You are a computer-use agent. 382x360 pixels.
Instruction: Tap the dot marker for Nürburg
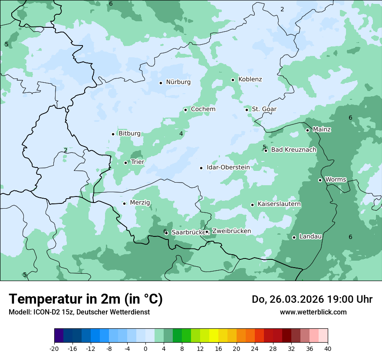(x=161, y=82)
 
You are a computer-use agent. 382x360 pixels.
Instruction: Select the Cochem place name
(x=203, y=109)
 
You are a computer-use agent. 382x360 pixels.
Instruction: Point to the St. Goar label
(x=264, y=109)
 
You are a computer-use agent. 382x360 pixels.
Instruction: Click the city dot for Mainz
(x=307, y=130)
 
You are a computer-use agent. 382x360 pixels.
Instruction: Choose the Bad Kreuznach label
(x=293, y=150)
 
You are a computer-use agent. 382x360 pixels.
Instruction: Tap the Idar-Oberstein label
(x=228, y=167)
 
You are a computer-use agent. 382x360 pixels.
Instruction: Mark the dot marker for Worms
(x=320, y=180)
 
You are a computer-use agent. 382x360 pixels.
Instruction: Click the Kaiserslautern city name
(x=279, y=204)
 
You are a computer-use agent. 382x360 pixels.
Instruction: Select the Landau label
(x=310, y=236)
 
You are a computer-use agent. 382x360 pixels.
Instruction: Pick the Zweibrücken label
(x=231, y=231)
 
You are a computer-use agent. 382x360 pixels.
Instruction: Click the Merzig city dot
(x=124, y=203)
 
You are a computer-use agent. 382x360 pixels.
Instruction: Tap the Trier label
(x=138, y=162)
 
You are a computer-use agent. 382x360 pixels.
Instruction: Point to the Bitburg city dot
(x=113, y=134)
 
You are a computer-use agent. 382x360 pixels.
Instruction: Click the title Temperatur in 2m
(x=86, y=299)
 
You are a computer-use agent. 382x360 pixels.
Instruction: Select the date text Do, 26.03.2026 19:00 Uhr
(x=312, y=299)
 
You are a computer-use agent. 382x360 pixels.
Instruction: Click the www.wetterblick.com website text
(x=313, y=312)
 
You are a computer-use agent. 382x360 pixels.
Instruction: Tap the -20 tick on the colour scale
(x=54, y=348)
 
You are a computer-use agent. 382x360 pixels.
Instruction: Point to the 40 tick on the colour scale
(x=328, y=348)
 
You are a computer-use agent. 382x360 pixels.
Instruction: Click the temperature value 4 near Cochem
(x=181, y=134)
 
